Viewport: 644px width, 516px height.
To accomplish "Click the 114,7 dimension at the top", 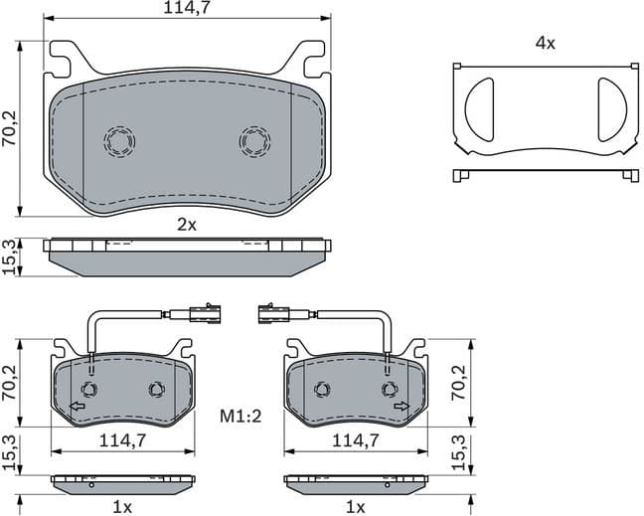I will (x=187, y=9).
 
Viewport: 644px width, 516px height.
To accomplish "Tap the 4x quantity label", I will (x=544, y=43).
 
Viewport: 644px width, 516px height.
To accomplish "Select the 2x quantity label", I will (x=187, y=225).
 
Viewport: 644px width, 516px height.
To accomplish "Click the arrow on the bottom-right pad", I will (x=401, y=406).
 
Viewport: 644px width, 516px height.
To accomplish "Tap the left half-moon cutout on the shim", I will (x=479, y=106).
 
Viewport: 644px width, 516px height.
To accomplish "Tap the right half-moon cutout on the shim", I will (x=609, y=106).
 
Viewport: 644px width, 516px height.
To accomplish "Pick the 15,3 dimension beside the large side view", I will (x=10, y=257).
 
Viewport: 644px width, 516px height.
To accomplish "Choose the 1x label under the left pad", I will (x=121, y=507).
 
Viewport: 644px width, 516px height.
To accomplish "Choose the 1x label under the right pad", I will (x=355, y=507).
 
